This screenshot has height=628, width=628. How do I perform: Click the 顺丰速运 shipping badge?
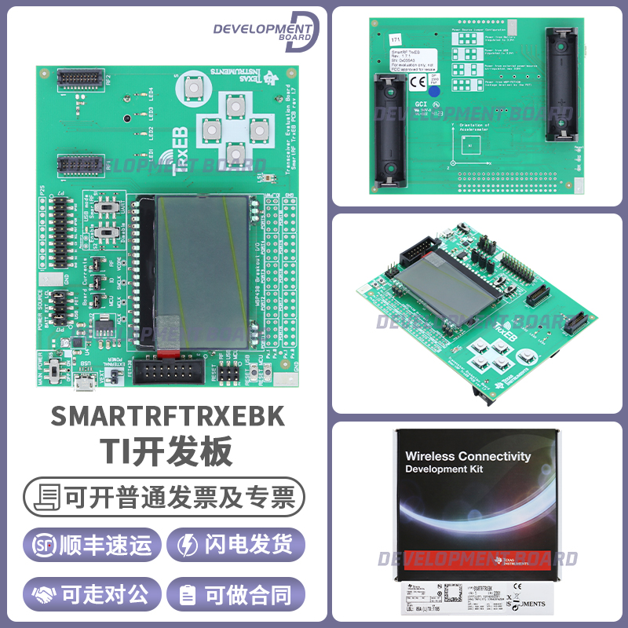[93, 545]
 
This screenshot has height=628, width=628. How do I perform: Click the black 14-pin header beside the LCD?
[170, 370]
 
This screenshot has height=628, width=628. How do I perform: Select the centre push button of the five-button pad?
[233, 128]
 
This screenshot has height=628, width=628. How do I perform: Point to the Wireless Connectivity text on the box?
[468, 456]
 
